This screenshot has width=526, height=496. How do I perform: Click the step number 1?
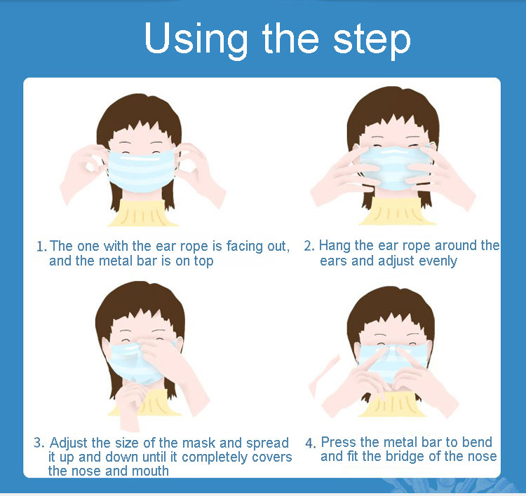41,247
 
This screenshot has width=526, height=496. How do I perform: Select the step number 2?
309,246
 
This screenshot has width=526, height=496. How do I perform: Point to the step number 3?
39,443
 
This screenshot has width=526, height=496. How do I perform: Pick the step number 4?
310,443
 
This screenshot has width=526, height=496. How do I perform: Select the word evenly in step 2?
438,261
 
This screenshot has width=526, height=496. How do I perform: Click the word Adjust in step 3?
69,443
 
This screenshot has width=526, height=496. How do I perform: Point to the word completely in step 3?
215,457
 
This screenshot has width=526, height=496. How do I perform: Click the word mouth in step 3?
150,471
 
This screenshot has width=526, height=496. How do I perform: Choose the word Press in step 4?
339,442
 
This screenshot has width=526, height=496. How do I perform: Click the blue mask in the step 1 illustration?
142,171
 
